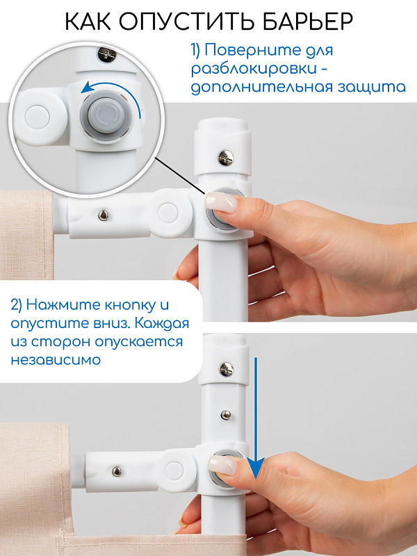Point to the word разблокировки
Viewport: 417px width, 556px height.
254,69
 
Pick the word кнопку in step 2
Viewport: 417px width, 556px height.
130,304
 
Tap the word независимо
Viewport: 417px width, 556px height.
56,360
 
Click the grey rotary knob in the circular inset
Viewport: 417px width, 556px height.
106,114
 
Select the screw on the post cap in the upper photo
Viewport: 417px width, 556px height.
226,158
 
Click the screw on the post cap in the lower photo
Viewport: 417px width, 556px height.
227,369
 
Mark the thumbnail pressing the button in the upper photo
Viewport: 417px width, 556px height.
220,202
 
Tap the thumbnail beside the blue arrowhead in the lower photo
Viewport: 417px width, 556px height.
222,464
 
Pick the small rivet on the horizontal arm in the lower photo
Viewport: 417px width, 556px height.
116,471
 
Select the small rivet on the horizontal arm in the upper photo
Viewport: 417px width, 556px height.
104,215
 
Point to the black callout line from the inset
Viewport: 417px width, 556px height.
181,177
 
